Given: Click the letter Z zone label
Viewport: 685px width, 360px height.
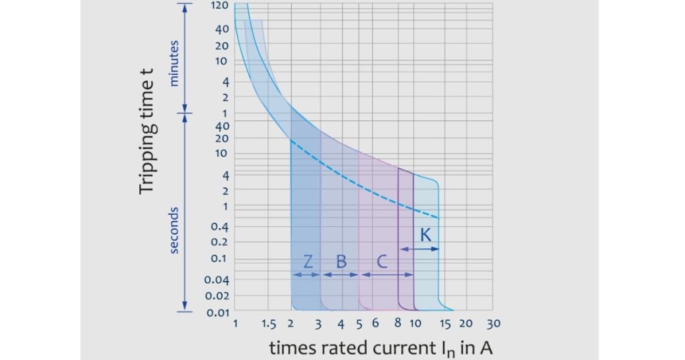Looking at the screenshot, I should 306,262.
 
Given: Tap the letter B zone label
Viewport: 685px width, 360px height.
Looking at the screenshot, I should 341,262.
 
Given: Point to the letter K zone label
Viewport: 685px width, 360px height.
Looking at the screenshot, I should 425,236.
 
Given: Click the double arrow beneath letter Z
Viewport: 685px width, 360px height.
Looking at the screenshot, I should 305,275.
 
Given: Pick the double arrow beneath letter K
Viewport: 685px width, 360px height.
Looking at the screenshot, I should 419,249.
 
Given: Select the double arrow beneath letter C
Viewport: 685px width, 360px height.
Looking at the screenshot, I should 385,275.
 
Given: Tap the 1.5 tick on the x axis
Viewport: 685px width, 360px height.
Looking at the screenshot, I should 269,325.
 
